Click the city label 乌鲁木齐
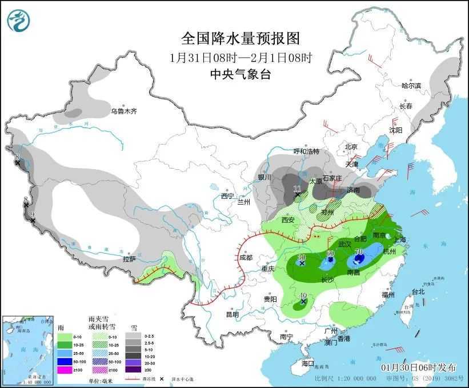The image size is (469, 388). coord(124,111)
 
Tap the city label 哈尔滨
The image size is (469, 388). coord(411,86)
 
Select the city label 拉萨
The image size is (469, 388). coord(130,259)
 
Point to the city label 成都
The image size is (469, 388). coord(246,258)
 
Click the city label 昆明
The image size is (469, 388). coord(233,314)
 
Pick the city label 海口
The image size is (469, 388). coord(308,363)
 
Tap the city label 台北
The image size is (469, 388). coord(418,291)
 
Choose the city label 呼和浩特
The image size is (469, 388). coord(306,151)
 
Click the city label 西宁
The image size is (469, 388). coord(228,196)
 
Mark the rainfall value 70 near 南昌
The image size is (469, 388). coord(359,252)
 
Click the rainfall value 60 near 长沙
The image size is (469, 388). coord(330,253)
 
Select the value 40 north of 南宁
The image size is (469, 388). coord(304,295)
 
